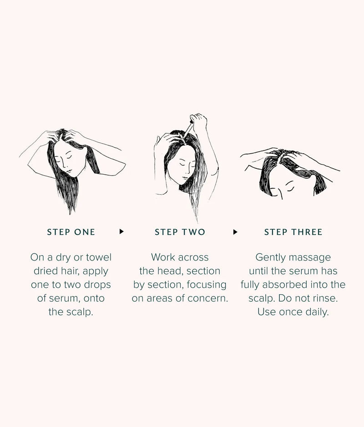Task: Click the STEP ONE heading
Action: tap(71, 232)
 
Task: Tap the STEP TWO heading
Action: tap(180, 232)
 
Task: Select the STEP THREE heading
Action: tap(293, 232)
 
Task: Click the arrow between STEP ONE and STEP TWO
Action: tap(121, 231)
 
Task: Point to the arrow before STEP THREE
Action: tap(235, 231)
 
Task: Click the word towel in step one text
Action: tap(99, 257)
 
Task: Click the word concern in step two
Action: tap(211, 299)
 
